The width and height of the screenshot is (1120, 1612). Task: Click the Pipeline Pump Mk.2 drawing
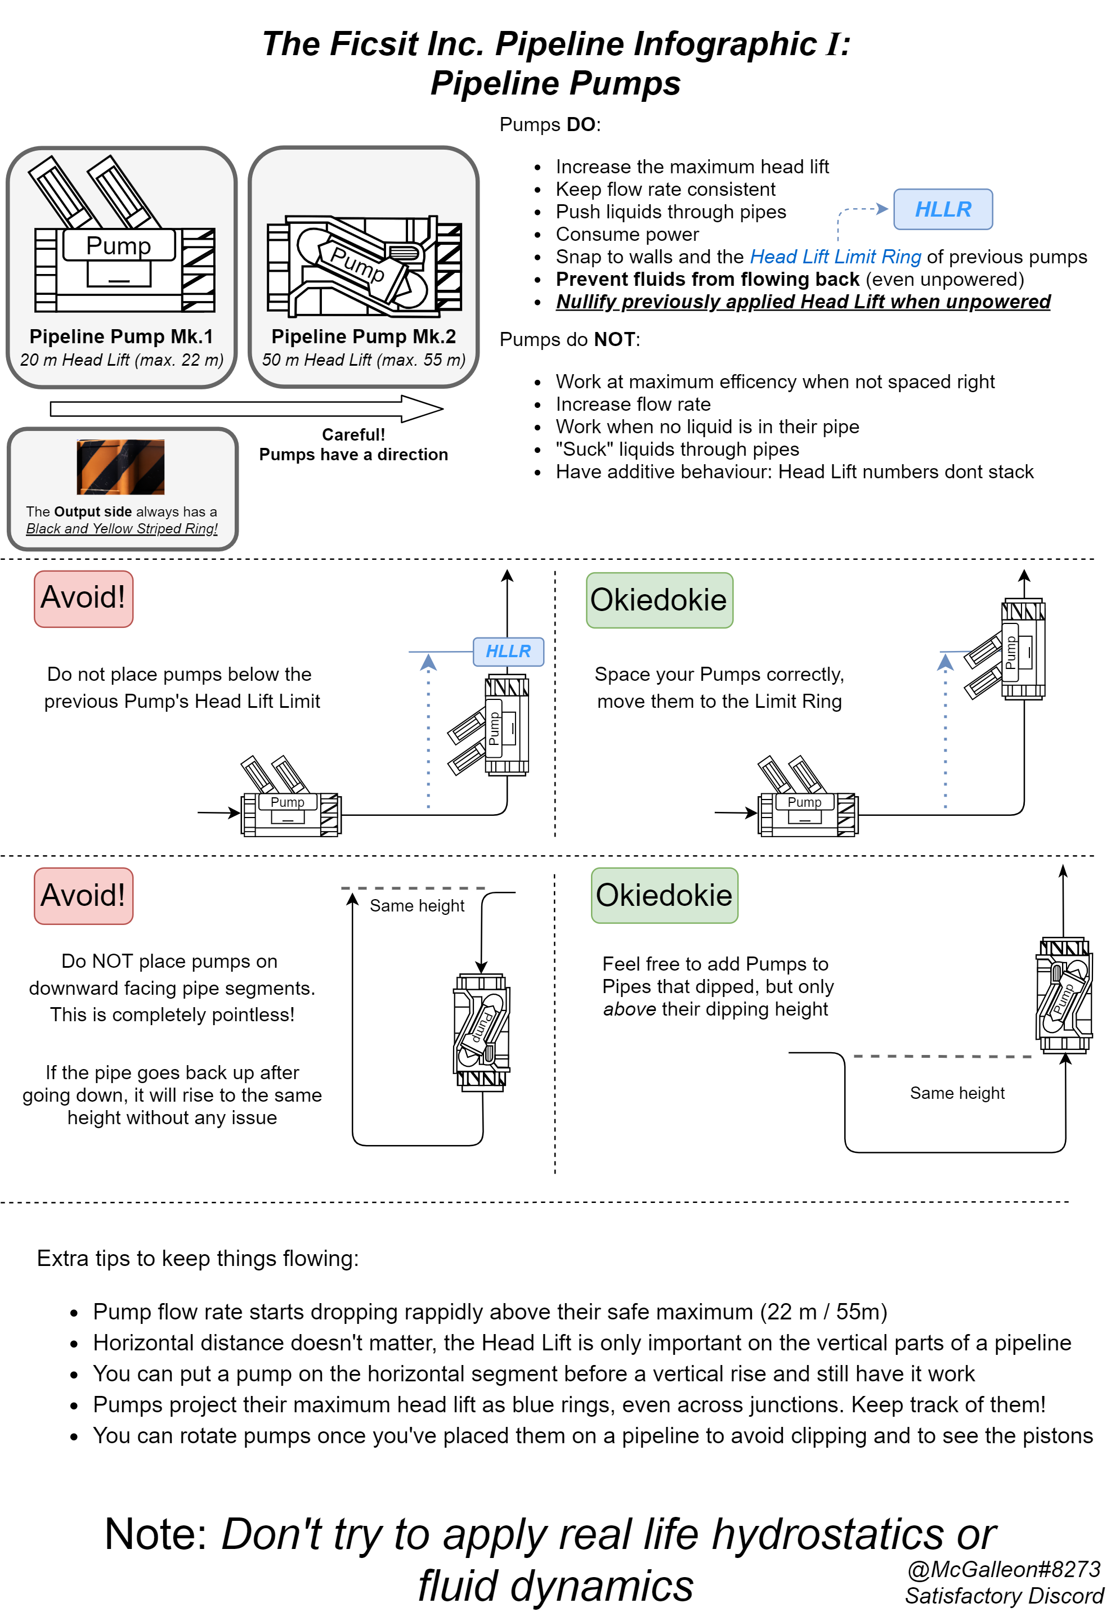click(364, 264)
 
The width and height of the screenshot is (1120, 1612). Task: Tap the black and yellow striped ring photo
click(120, 466)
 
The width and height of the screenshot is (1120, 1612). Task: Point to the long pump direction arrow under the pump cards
click(245, 408)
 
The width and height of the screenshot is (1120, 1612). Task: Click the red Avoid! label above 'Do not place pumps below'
click(83, 598)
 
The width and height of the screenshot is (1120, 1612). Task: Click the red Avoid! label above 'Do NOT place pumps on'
click(83, 895)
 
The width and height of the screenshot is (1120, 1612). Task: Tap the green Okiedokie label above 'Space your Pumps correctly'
click(658, 600)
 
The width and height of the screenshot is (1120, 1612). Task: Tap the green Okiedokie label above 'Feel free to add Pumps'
click(664, 895)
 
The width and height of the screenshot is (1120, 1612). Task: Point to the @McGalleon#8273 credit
click(1003, 1569)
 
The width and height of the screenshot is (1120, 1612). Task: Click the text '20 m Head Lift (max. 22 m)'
click(122, 360)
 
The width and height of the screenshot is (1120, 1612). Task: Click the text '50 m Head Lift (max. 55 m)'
click(364, 360)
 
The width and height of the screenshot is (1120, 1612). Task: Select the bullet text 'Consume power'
click(626, 234)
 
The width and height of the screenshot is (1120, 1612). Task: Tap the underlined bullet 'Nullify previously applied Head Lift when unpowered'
click(802, 302)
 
